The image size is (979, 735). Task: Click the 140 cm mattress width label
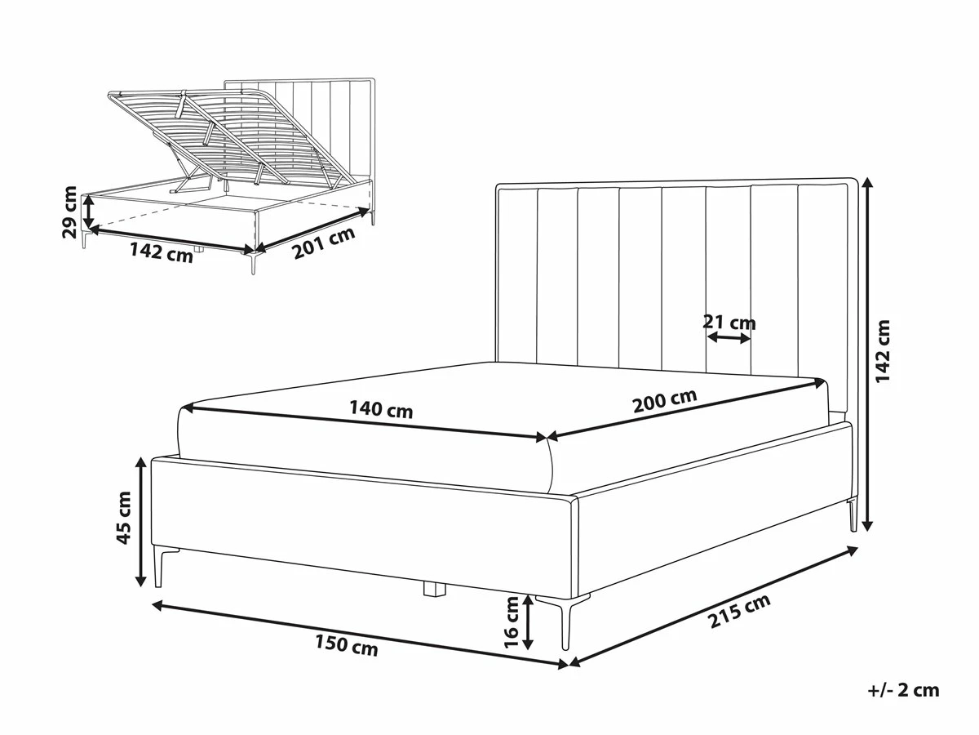point(381,410)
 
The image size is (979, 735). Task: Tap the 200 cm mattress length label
point(665,401)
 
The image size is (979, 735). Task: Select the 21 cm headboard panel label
point(729,323)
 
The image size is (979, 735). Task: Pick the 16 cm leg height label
point(512,622)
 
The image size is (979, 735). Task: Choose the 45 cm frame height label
point(123,518)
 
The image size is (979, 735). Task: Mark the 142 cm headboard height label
point(883,351)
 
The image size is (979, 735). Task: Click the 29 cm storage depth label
point(69,212)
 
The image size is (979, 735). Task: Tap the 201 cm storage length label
point(324,243)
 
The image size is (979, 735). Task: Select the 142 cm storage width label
point(162,252)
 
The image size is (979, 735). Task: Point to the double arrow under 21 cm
point(729,338)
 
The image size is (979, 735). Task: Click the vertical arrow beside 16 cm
point(528,622)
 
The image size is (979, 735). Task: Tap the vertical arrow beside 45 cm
point(140,521)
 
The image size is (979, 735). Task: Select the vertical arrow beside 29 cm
point(89,212)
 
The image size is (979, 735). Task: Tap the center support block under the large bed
point(434,590)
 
